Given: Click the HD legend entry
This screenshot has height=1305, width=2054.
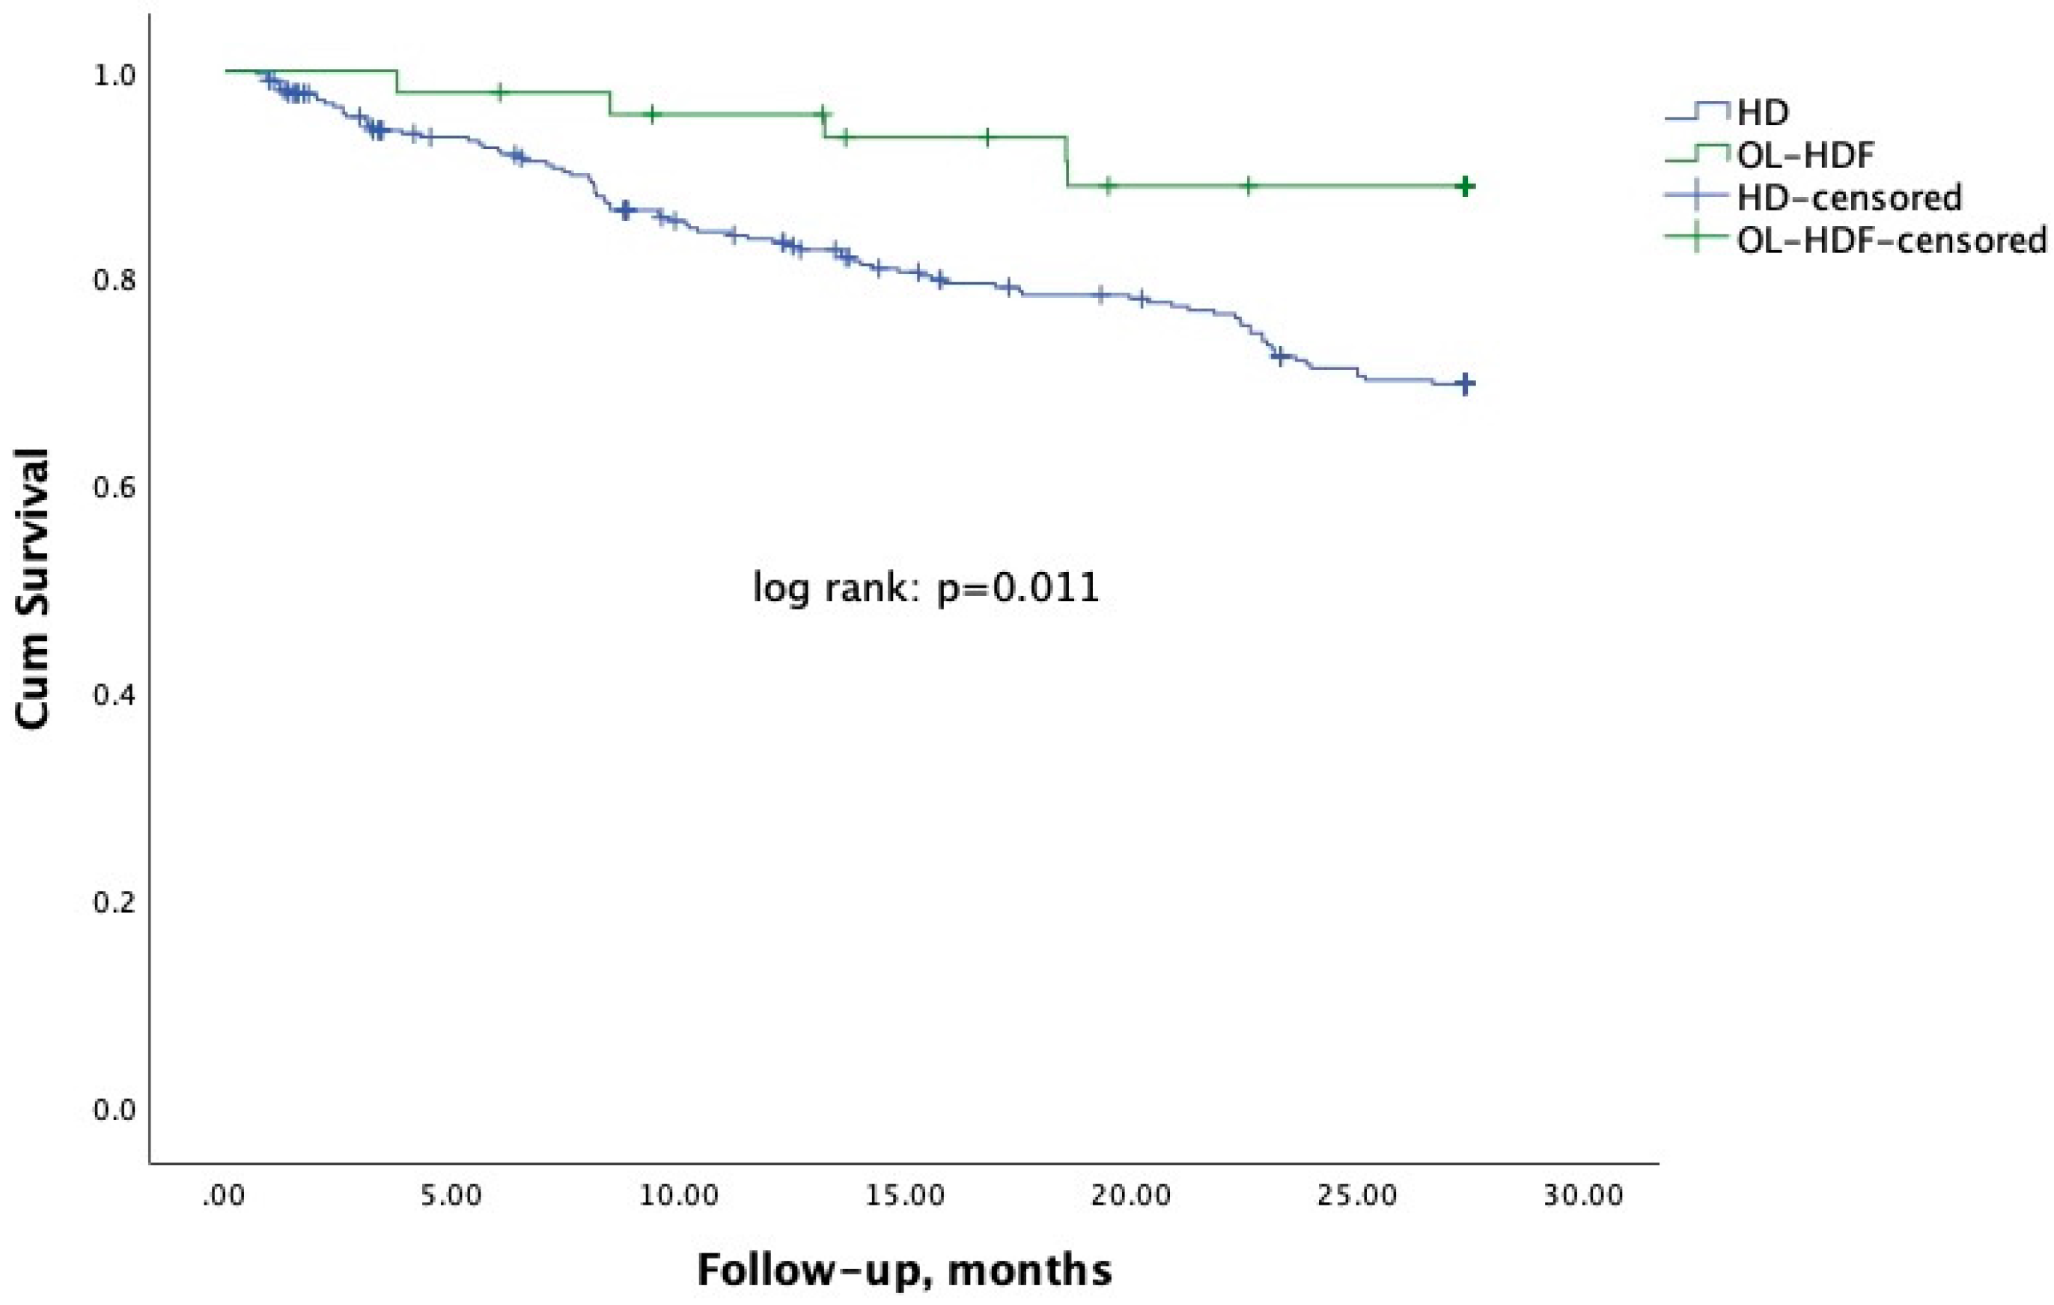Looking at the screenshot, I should pos(1761,112).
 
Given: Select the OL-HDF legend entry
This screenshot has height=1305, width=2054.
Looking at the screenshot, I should pos(1805,155).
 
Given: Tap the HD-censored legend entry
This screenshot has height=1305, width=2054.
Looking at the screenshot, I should pos(1848,198).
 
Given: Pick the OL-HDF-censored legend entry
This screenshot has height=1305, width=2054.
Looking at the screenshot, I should pos(1891,240).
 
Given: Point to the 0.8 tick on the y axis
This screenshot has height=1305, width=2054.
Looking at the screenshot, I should pos(115,281).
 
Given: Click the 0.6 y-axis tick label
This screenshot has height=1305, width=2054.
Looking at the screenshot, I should pos(115,488).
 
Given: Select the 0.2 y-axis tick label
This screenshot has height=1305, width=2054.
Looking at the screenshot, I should pos(115,902).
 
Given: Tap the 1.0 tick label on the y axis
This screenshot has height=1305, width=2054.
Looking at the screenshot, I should pos(115,75).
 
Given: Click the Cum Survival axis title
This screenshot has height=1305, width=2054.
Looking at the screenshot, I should pos(32,588).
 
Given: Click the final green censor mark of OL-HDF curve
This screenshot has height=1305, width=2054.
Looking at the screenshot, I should pos(1465,186).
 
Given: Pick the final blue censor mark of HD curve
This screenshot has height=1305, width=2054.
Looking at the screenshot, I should pos(1465,384).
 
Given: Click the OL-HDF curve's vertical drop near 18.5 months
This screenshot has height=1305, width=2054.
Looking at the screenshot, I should pos(1066,162).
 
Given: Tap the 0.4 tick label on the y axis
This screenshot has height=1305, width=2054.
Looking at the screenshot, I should pos(115,695).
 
